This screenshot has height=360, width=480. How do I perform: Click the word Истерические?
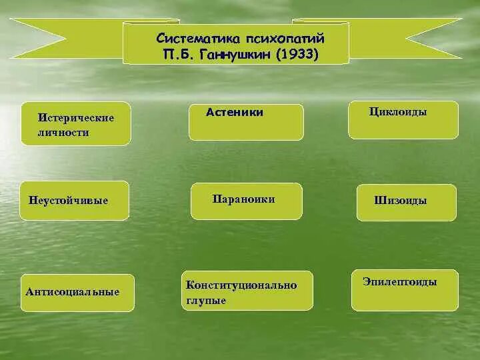pos(76,118)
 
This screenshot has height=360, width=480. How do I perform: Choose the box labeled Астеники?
pos(246,122)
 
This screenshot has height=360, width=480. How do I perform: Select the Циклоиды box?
pos(403,120)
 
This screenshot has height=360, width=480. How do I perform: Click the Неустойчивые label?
pos(69,201)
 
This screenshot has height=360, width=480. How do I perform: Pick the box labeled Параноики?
pos(246,201)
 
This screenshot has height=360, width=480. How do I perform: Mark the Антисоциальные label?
pos(73,293)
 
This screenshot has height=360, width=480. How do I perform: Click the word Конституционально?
pos(241,285)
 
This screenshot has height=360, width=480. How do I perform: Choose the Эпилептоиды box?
pos(405,290)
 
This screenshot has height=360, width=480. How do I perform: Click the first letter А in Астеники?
pos(210,113)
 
